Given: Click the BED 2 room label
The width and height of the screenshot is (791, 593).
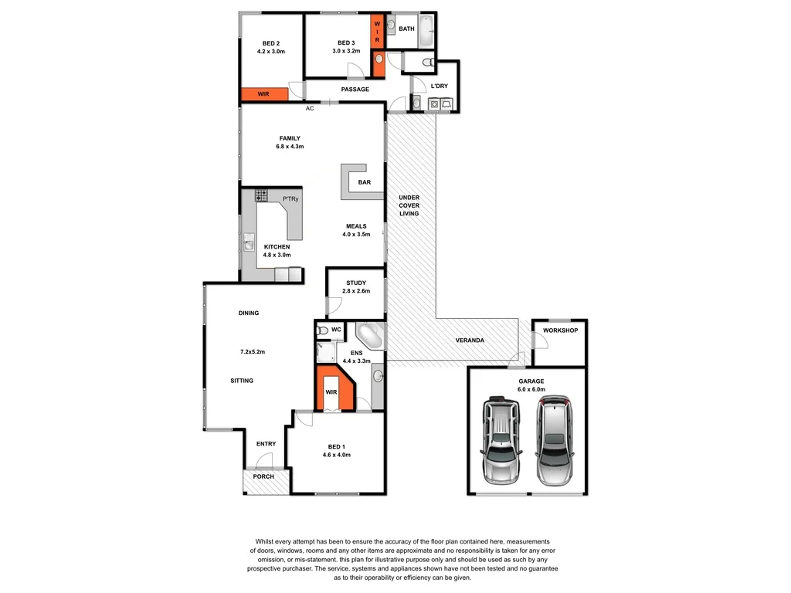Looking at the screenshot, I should click(x=271, y=42).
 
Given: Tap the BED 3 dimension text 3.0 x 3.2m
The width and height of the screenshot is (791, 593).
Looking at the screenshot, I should click(x=347, y=52).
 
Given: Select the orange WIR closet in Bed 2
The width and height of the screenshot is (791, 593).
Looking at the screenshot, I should click(x=263, y=93).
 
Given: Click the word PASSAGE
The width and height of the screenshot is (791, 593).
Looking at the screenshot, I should click(x=355, y=90).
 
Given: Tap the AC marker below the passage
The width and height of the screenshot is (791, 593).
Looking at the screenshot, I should click(x=310, y=108).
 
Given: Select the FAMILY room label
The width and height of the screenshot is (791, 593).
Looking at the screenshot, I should click(x=290, y=138).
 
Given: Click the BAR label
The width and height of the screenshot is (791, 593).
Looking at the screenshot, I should click(x=365, y=183).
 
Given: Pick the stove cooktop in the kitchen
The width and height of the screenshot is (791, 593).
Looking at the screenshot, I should click(x=262, y=196).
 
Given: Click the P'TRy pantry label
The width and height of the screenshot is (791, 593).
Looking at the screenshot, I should click(x=290, y=199).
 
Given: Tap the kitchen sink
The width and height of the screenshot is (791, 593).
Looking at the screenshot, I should click(x=249, y=246).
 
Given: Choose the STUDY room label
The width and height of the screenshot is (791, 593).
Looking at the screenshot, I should click(x=356, y=283).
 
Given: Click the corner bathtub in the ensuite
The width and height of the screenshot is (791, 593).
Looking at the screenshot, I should click(x=368, y=337).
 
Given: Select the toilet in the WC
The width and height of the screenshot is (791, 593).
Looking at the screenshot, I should click(x=322, y=330).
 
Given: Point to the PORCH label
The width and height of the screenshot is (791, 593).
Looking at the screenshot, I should click(x=263, y=476).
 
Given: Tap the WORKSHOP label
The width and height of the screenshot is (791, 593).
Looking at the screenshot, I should click(x=560, y=330).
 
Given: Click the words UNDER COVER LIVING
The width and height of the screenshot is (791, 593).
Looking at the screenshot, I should click(x=409, y=205).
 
